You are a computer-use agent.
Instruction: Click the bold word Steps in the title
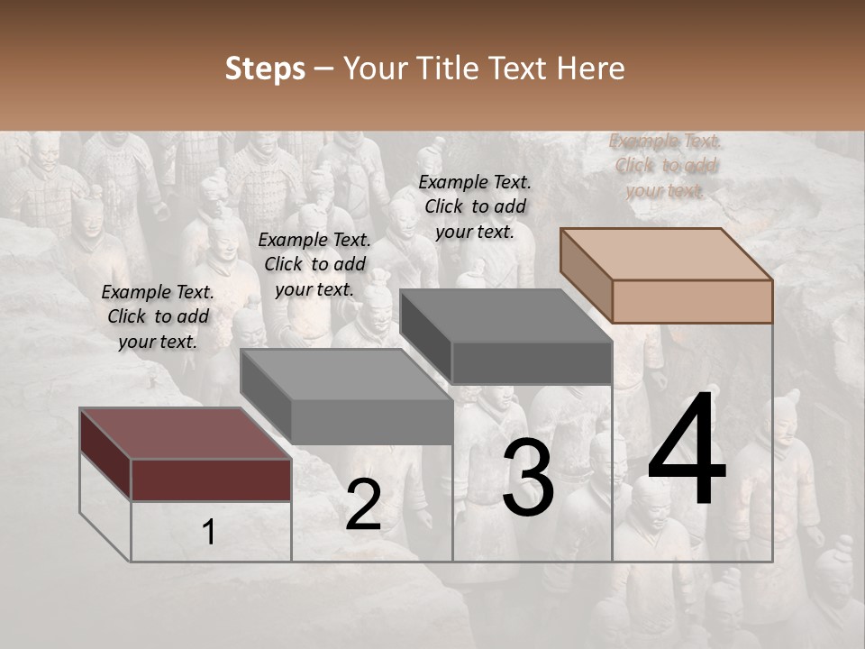(x=265, y=69)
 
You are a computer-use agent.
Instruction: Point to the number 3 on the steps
(x=528, y=480)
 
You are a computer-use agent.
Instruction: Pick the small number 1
(x=208, y=532)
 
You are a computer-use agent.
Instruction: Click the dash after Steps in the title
(x=323, y=69)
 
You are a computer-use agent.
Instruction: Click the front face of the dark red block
(x=211, y=480)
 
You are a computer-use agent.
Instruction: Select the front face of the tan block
(x=692, y=301)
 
